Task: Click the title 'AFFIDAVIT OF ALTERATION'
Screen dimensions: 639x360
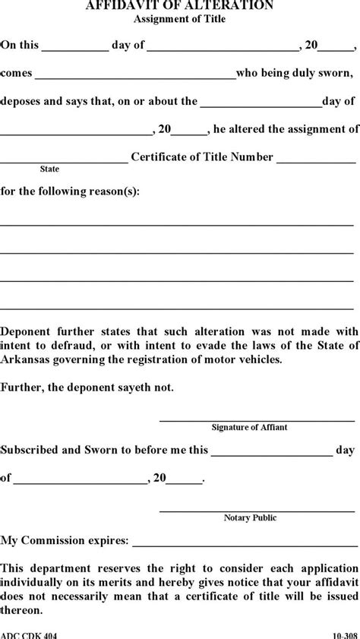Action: tap(179, 5)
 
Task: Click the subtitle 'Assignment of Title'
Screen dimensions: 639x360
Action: tap(179, 18)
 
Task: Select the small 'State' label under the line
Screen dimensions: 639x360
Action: tap(49, 169)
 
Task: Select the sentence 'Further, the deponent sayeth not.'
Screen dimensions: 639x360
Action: tap(87, 388)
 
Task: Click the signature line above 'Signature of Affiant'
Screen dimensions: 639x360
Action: tap(257, 420)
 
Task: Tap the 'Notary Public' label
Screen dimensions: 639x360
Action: tap(250, 518)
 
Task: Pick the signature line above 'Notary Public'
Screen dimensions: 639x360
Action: tap(257, 511)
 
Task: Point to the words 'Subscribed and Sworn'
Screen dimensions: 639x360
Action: tap(62, 450)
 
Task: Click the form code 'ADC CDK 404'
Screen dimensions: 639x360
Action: tap(28, 634)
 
